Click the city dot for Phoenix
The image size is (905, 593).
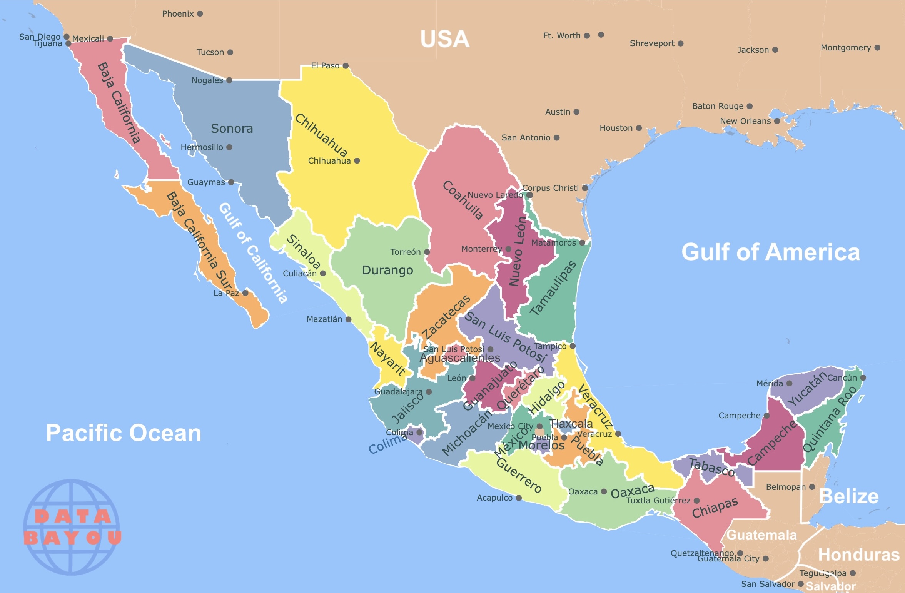point(200,14)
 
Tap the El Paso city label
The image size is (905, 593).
point(325,66)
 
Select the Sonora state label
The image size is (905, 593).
point(232,129)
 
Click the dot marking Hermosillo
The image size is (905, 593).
point(229,147)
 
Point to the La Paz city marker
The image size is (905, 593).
point(245,293)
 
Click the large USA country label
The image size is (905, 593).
point(444,39)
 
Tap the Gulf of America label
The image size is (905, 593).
point(770,252)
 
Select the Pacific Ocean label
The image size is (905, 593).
point(124,433)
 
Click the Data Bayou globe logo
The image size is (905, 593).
point(72,527)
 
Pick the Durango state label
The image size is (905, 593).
point(387,270)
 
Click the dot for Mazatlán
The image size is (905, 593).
point(348,319)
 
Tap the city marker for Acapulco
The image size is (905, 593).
point(519,498)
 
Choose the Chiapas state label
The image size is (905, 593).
point(715,508)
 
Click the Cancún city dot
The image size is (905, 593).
point(863,378)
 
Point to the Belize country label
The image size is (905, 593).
point(848,496)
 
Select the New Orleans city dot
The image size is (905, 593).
point(777,121)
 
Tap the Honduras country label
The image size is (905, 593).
point(858,555)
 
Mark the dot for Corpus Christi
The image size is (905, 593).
point(585,188)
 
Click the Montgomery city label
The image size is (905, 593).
point(846,48)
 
